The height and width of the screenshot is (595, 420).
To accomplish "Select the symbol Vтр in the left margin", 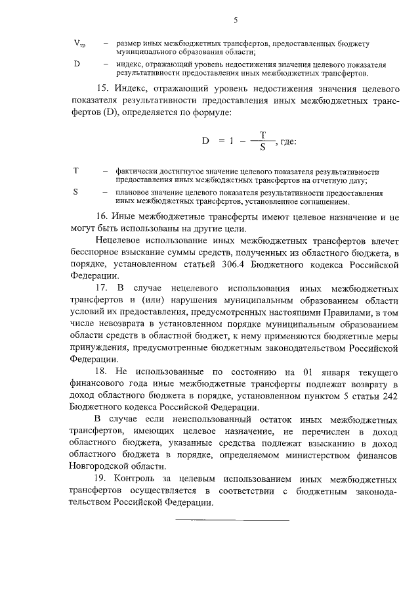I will coord(78,44).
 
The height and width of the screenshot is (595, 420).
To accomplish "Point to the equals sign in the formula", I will coord(222,141).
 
